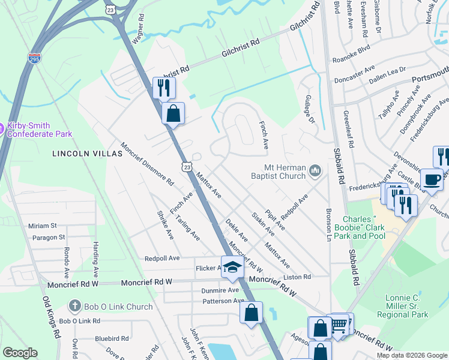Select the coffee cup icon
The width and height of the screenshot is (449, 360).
coord(432,179)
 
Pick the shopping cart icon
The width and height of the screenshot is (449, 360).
coord(339,325)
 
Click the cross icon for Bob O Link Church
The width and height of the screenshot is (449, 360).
coord(75,307)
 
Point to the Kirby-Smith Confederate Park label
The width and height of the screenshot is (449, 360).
coord(40,130)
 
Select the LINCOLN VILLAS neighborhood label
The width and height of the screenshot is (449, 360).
coord(87,154)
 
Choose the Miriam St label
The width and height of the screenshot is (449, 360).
coord(42,226)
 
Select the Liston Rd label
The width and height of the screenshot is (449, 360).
coord(298,277)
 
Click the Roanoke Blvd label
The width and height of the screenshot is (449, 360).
coord(351,60)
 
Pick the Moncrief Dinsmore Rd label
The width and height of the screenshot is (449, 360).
coord(147,164)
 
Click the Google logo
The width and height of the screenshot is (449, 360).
coord(20,353)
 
